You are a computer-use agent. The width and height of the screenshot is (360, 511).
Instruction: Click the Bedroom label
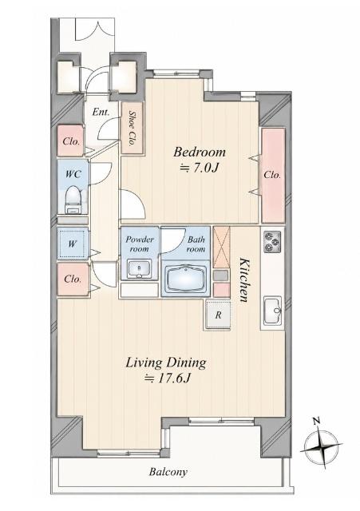[200, 153]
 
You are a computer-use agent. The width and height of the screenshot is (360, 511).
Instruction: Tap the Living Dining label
[166, 363]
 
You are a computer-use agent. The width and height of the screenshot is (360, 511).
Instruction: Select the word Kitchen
[245, 279]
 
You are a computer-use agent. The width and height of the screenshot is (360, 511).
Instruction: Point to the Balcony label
[168, 472]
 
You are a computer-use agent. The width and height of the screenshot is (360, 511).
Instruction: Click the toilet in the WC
[73, 200]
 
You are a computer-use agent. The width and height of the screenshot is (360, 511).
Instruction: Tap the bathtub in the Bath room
[186, 279]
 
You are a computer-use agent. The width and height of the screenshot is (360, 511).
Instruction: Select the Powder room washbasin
[139, 269]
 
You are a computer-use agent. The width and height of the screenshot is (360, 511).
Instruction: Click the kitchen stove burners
[273, 241]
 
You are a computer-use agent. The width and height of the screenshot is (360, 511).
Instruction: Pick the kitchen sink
[273, 311]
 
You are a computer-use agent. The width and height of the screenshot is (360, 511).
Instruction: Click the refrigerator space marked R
[218, 315]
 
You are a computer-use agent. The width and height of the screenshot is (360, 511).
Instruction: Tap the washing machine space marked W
[73, 244]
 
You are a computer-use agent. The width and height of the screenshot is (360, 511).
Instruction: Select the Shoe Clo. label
[132, 128]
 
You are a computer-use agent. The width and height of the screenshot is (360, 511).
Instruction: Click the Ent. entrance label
[101, 113]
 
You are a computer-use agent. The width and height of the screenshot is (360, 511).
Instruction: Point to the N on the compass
[316, 421]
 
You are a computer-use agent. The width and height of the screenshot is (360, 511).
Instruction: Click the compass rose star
[321, 446]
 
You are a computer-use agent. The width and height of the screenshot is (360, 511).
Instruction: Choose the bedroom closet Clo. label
[272, 175]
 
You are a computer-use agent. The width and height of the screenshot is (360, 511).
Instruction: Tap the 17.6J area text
[168, 378]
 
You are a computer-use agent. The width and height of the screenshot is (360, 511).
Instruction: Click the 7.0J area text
[199, 168]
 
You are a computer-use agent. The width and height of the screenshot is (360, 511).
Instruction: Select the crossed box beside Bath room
[222, 247]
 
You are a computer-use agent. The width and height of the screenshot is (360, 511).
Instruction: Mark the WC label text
[73, 174]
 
